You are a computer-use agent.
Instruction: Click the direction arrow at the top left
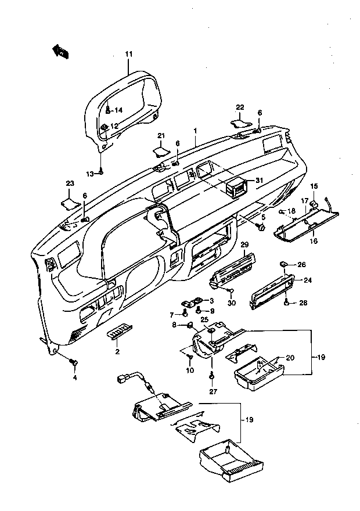click(60, 52)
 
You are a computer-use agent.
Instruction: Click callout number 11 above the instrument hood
click(129, 54)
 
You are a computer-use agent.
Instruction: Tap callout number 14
click(118, 110)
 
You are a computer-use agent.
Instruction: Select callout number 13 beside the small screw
click(90, 174)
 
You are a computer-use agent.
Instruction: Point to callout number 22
click(240, 107)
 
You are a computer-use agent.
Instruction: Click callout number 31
click(259, 181)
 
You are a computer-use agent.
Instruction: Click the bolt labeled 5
click(261, 226)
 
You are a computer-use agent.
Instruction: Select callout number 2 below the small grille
click(117, 352)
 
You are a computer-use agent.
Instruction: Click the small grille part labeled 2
click(120, 331)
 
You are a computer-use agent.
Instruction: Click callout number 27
click(213, 392)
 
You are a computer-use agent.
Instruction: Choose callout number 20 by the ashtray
click(290, 358)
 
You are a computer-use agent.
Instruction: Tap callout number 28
click(303, 303)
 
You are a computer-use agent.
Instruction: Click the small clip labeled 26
click(283, 263)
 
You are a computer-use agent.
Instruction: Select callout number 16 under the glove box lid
click(314, 241)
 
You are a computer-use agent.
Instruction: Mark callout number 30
click(231, 303)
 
